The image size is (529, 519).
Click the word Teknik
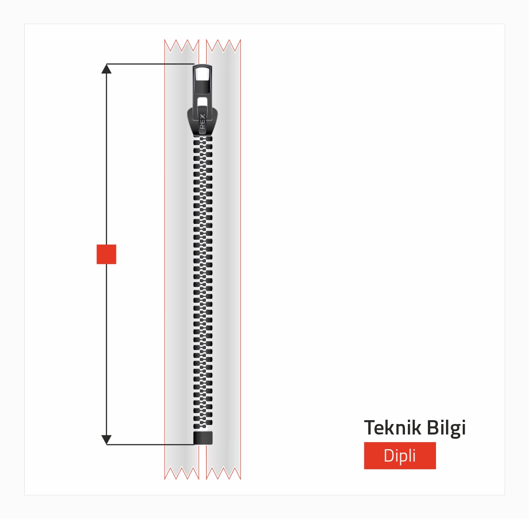pyautogui.click(x=393, y=427)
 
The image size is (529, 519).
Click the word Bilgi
pyautogui.click(x=446, y=428)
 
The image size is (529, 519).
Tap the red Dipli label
pyautogui.click(x=400, y=455)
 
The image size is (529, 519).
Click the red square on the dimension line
pyautogui.click(x=106, y=254)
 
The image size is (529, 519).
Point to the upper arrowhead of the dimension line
pyautogui.click(x=106, y=69)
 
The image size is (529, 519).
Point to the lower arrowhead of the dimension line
pyautogui.click(x=106, y=440)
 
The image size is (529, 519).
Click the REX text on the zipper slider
pyautogui.click(x=202, y=122)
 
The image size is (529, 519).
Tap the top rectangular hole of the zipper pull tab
pyautogui.click(x=202, y=74)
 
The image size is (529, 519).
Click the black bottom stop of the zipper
pyautogui.click(x=203, y=438)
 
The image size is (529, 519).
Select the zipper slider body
pyautogui.click(x=202, y=120)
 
